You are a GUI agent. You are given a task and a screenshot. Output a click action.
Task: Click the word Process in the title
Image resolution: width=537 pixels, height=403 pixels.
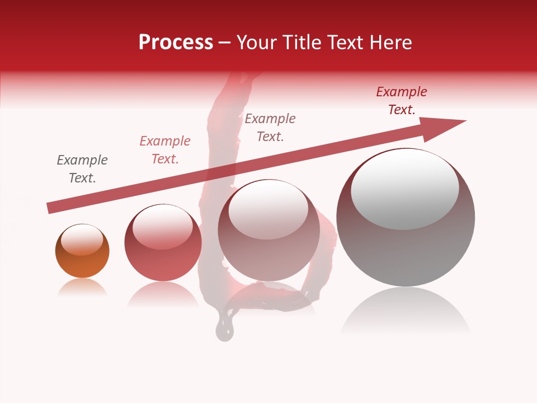176,43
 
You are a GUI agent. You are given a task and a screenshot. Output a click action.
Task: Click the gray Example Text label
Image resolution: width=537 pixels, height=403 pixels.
82,169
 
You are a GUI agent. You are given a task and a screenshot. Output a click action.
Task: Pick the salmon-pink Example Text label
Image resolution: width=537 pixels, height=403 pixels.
165,150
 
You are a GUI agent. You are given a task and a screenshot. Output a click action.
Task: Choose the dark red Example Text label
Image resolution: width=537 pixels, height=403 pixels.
402,101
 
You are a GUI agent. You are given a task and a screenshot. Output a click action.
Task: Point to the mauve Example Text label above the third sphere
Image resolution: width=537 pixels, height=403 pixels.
270,127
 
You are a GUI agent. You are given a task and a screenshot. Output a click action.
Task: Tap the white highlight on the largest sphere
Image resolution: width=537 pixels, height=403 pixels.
405,189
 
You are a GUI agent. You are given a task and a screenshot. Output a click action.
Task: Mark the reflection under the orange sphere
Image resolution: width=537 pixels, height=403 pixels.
82,287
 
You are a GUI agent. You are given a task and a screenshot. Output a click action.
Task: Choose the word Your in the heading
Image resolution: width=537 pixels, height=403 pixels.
256,43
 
